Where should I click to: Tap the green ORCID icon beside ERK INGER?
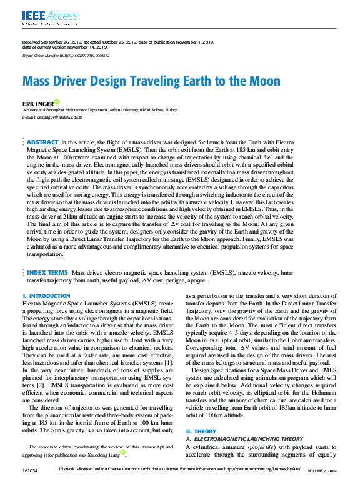point(57,101)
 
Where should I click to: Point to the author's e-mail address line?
point(52,117)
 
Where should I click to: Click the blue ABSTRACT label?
point(43,142)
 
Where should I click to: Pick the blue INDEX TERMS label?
point(47,273)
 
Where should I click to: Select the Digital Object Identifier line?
point(66,55)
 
